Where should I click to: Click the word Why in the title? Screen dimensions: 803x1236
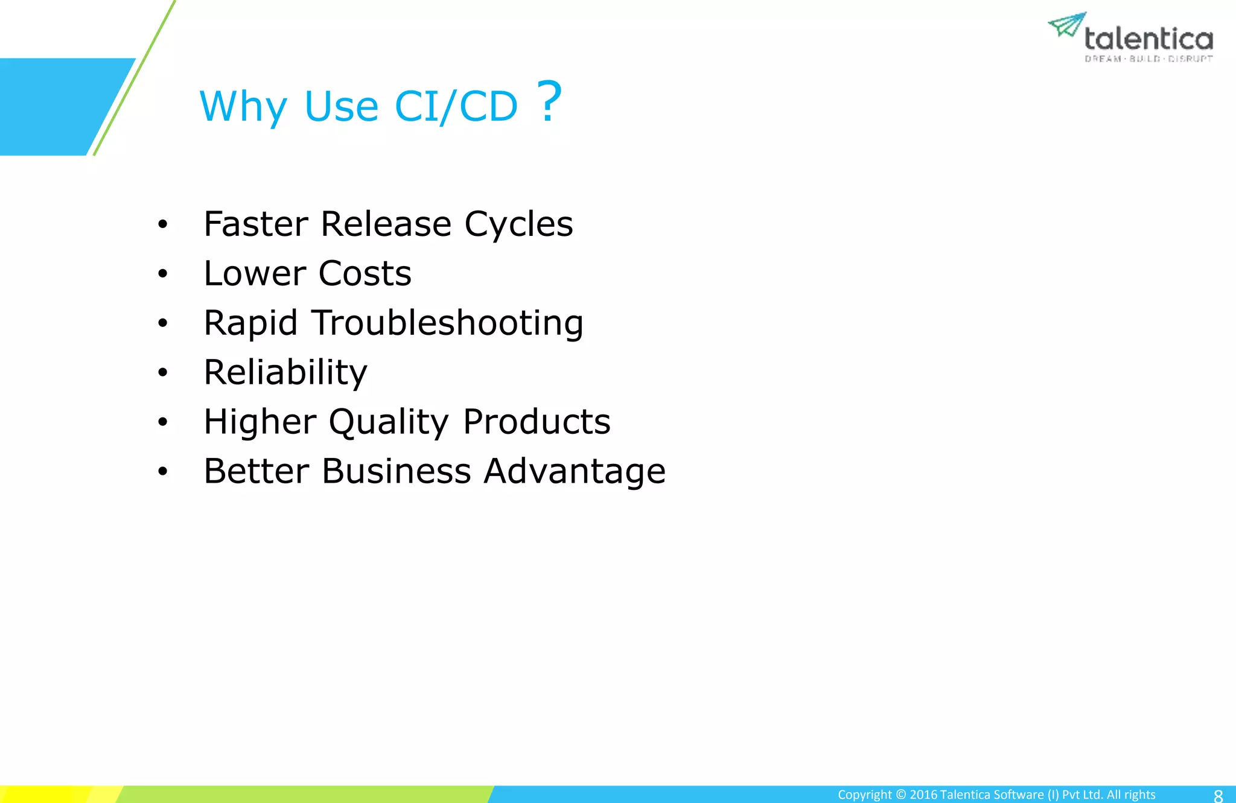click(x=243, y=107)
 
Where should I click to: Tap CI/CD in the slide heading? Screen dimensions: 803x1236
click(x=456, y=107)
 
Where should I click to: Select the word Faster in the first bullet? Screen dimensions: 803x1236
click(x=256, y=224)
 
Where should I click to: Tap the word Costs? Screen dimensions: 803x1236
click(x=365, y=274)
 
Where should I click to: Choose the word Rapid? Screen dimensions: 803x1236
click(x=250, y=324)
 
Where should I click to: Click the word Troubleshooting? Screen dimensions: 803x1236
click(x=447, y=324)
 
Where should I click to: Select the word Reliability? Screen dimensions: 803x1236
click(x=285, y=373)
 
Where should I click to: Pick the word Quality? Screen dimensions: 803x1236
click(x=389, y=422)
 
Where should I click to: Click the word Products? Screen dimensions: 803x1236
click(x=537, y=422)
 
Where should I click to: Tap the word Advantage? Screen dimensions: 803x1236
click(x=575, y=472)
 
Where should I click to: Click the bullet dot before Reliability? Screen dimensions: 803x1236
click(x=162, y=373)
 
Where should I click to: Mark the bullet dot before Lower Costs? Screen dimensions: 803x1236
click(x=162, y=275)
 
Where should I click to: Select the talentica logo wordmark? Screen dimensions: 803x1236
click(x=1148, y=39)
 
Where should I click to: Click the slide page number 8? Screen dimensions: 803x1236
click(x=1218, y=795)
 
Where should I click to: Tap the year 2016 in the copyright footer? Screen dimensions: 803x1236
click(x=923, y=795)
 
